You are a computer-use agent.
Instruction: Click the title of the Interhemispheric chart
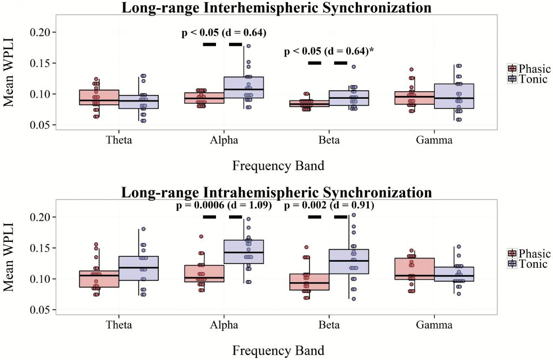tap(276, 8)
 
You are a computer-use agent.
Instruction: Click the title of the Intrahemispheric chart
tap(276, 193)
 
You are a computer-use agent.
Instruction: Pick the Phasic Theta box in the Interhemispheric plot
tap(99, 97)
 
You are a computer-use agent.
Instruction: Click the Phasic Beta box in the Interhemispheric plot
tap(309, 104)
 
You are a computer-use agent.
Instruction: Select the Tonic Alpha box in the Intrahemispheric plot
tap(244, 252)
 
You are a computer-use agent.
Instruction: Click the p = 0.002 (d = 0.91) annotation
tap(329, 206)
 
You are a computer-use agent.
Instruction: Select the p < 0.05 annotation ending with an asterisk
tap(329, 52)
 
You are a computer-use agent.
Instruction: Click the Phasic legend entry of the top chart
tap(529, 69)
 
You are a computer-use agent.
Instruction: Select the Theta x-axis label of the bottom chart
tap(119, 325)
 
